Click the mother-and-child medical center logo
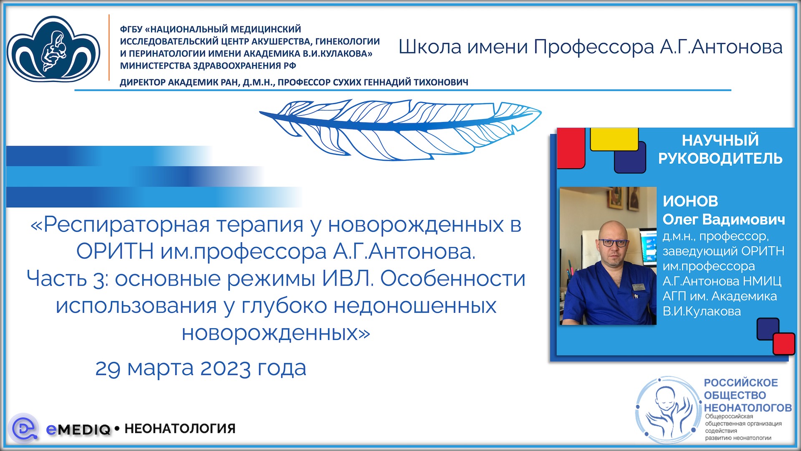[53, 49]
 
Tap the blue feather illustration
[400, 127]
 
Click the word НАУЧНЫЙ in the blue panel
[720, 140]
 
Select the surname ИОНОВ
[690, 201]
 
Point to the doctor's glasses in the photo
[613, 242]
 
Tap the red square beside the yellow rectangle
[571, 148]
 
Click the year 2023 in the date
[226, 368]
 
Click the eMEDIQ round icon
[23, 428]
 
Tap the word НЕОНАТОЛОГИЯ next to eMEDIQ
[180, 429]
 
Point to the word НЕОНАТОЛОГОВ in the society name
[748, 408]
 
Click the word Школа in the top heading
[430, 47]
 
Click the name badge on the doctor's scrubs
[637, 287]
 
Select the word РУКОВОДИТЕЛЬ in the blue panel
[720, 159]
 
